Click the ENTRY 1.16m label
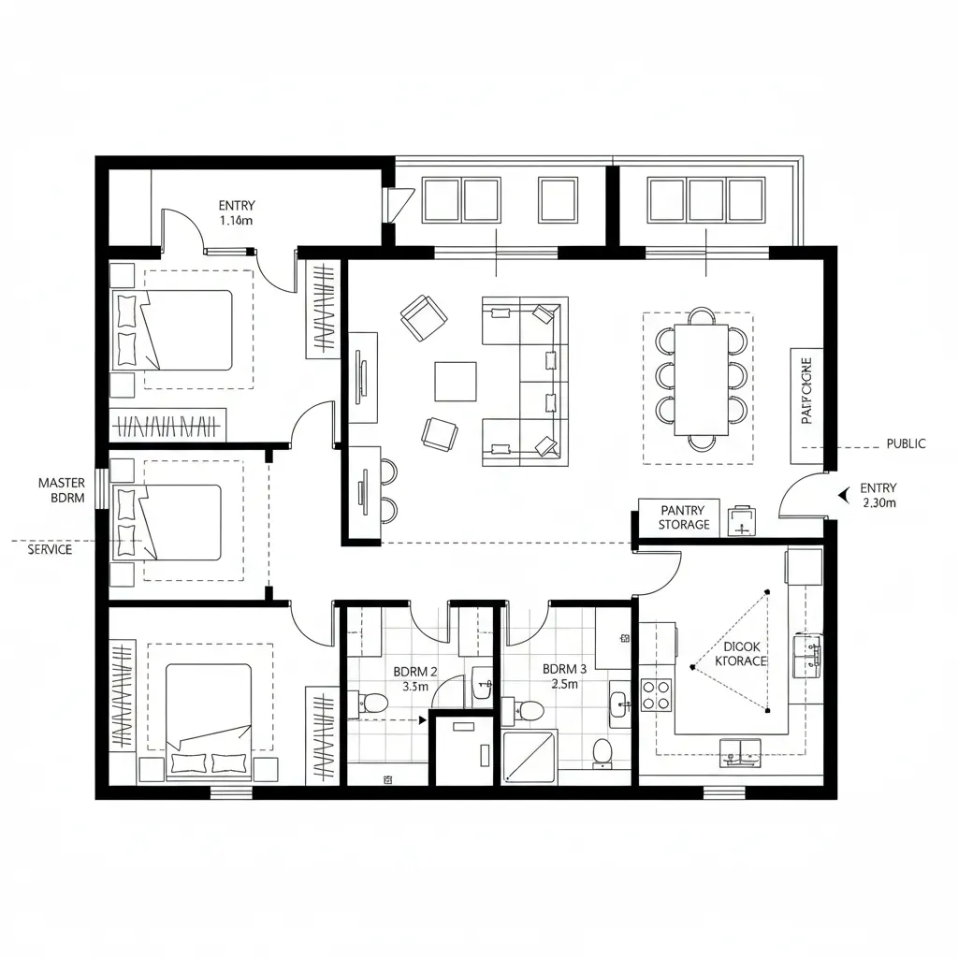coord(237,213)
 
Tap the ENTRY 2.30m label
coord(878,495)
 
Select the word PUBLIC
coord(906,443)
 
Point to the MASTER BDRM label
coord(62,490)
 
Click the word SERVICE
coord(50,549)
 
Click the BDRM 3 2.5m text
coord(564,676)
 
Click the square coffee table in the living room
coord(456,382)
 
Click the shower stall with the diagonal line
coord(530,757)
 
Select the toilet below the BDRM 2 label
coord(374,703)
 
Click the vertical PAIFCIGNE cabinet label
coord(806,390)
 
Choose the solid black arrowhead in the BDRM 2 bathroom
coord(423,719)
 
